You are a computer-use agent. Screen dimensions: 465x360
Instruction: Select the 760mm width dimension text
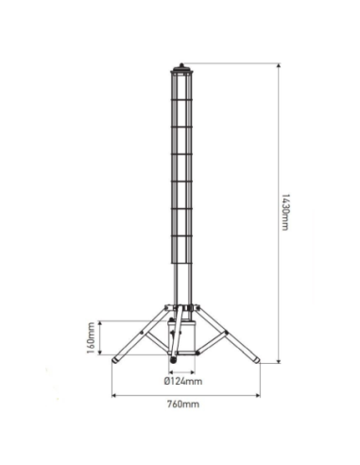[185, 404]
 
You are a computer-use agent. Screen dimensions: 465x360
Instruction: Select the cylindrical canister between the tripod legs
[182, 336]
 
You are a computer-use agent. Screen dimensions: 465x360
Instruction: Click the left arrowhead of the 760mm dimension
[114, 394]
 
